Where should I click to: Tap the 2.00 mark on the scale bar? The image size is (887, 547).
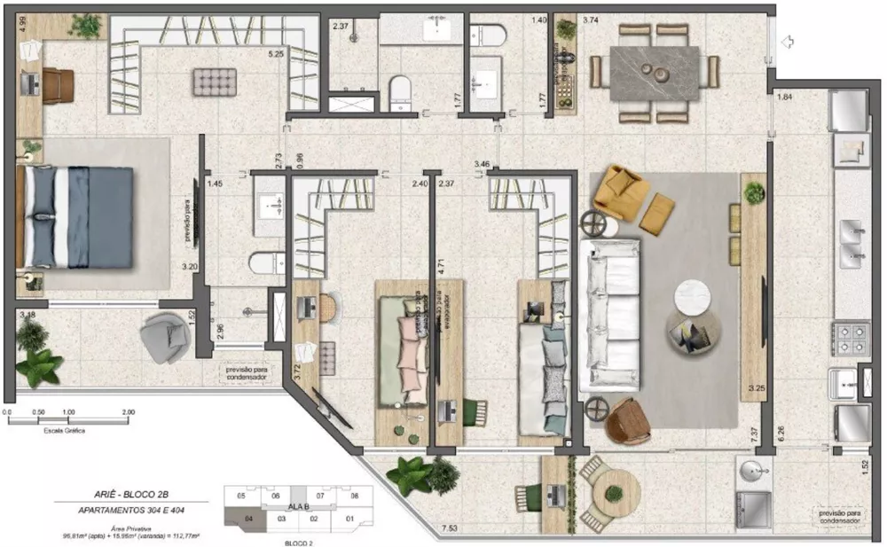(128, 412)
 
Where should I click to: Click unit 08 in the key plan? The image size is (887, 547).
(353, 496)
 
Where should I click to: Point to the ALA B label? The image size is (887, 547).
(300, 506)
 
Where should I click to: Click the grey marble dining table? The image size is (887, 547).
(655, 73)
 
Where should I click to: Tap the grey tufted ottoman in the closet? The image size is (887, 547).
(214, 82)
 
